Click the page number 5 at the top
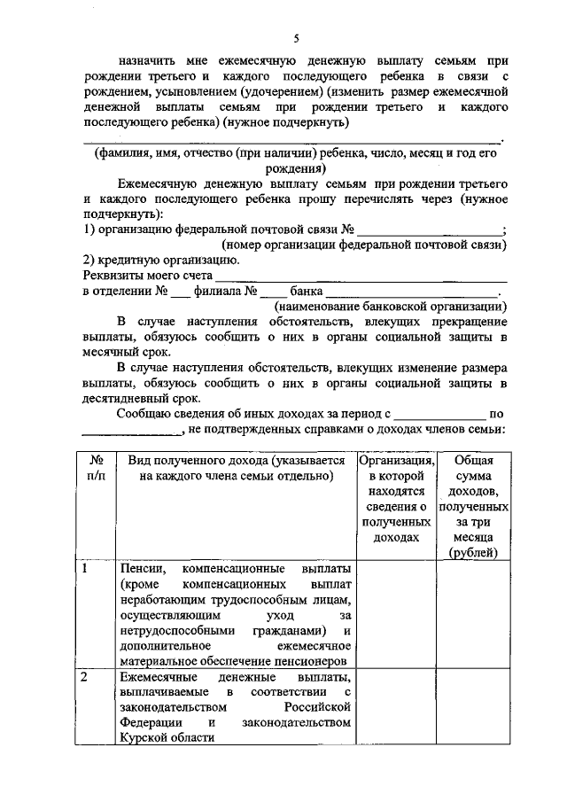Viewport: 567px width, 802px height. point(296,37)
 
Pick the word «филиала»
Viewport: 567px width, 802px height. point(217,292)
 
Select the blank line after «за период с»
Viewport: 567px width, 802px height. point(440,416)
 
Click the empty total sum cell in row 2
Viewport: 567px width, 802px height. point(473,714)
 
